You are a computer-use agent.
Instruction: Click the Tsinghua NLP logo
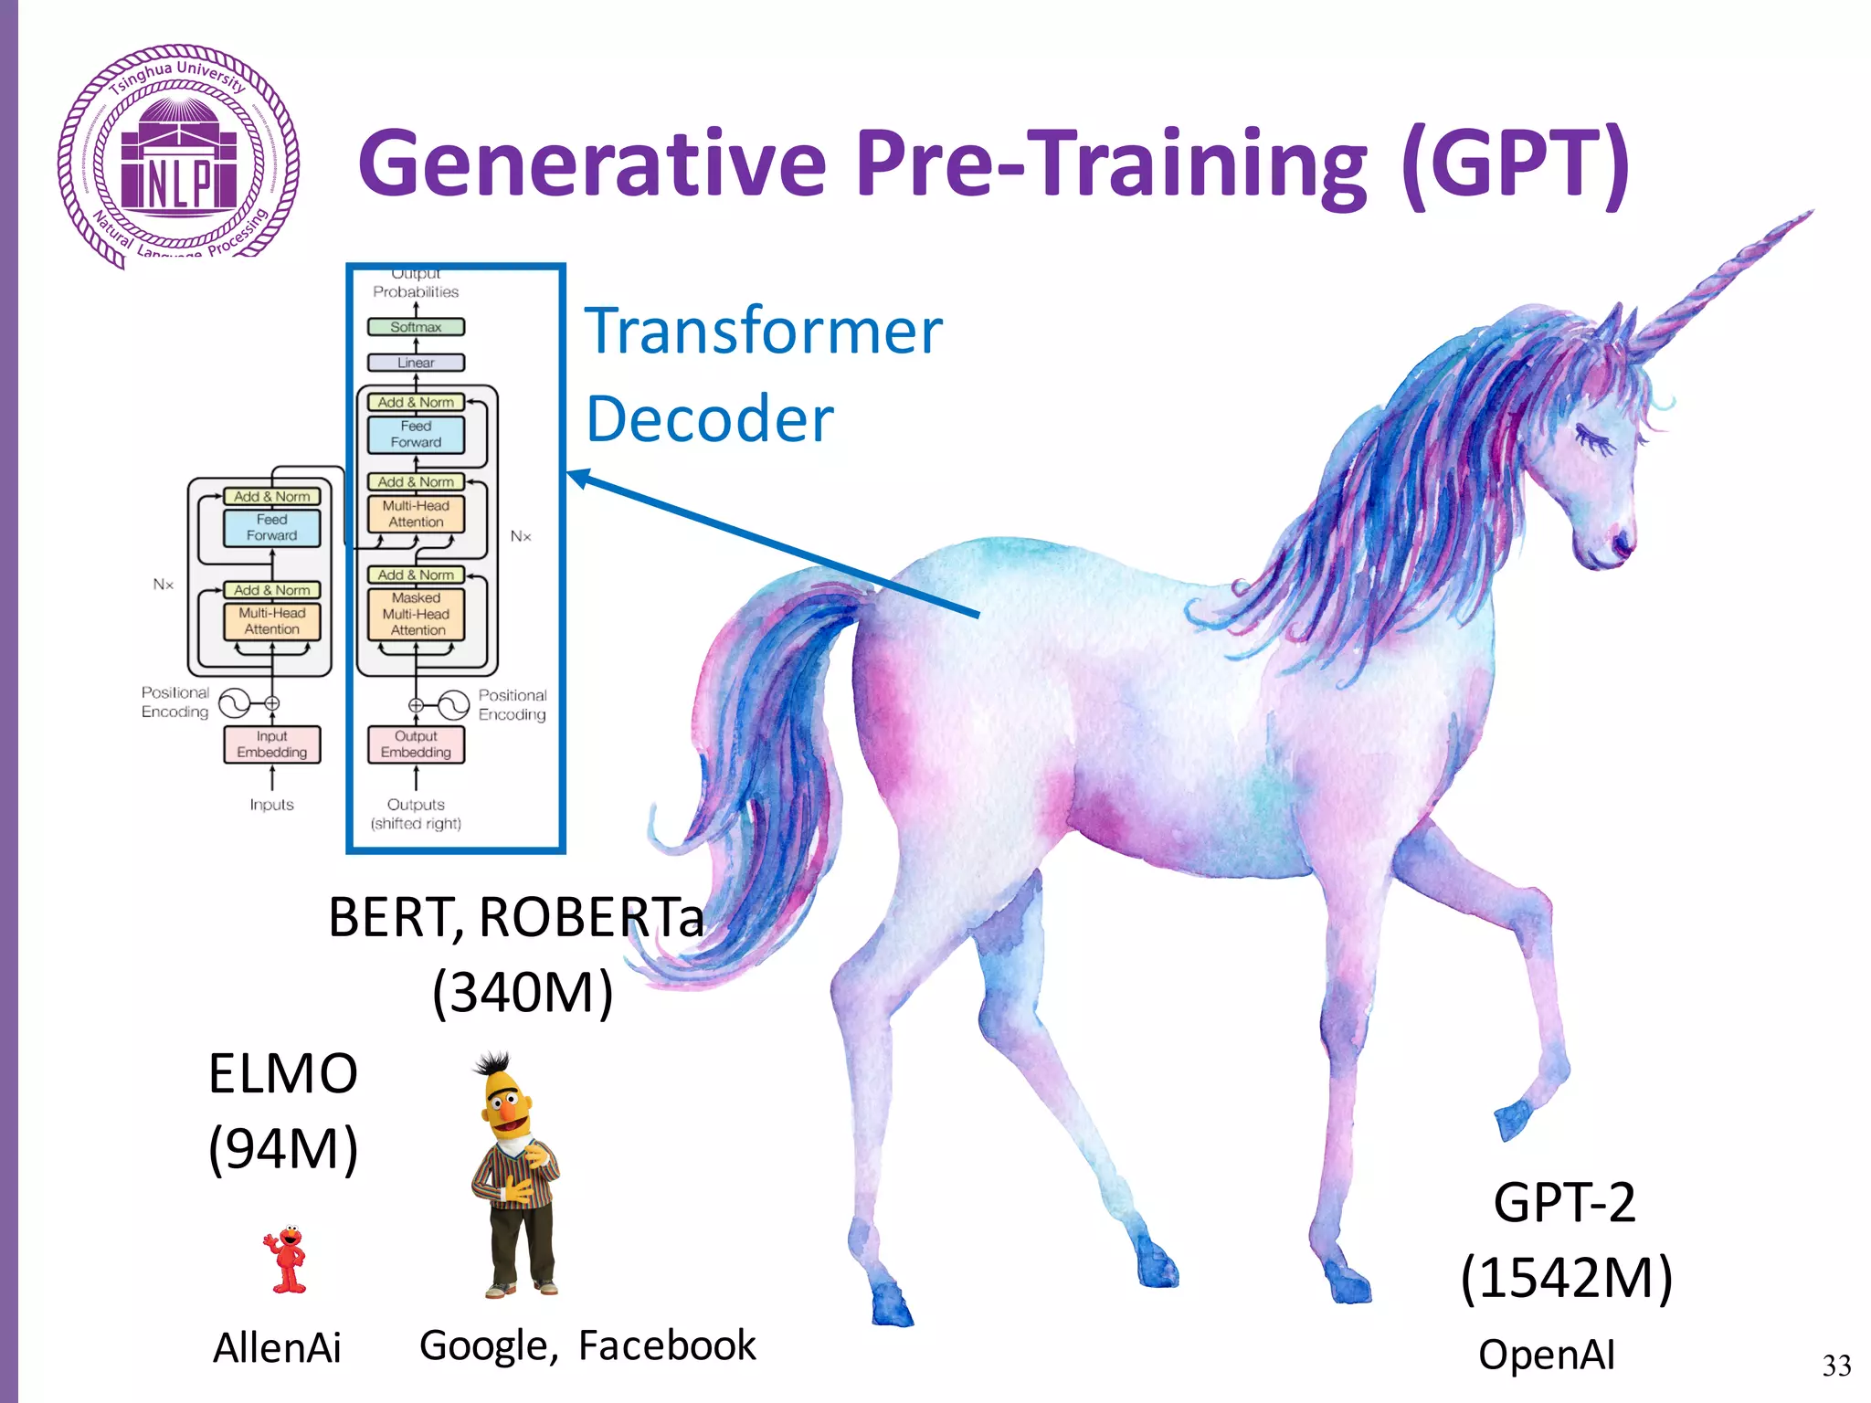[x=178, y=157]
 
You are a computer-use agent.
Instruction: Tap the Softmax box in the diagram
[x=416, y=327]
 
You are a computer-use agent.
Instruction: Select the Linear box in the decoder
[x=416, y=363]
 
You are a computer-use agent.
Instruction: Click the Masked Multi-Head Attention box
[x=416, y=614]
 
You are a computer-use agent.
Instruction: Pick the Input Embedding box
[x=271, y=744]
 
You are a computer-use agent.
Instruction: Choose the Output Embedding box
[x=416, y=744]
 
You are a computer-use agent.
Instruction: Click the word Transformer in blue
[x=763, y=331]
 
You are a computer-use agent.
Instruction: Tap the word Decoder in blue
[x=709, y=419]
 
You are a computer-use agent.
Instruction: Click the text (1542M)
[x=1566, y=1277]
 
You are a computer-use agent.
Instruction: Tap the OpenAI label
[x=1546, y=1355]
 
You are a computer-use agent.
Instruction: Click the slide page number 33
[x=1836, y=1366]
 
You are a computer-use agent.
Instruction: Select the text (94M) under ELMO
[x=283, y=1148]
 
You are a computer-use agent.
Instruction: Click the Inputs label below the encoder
[x=271, y=805]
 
